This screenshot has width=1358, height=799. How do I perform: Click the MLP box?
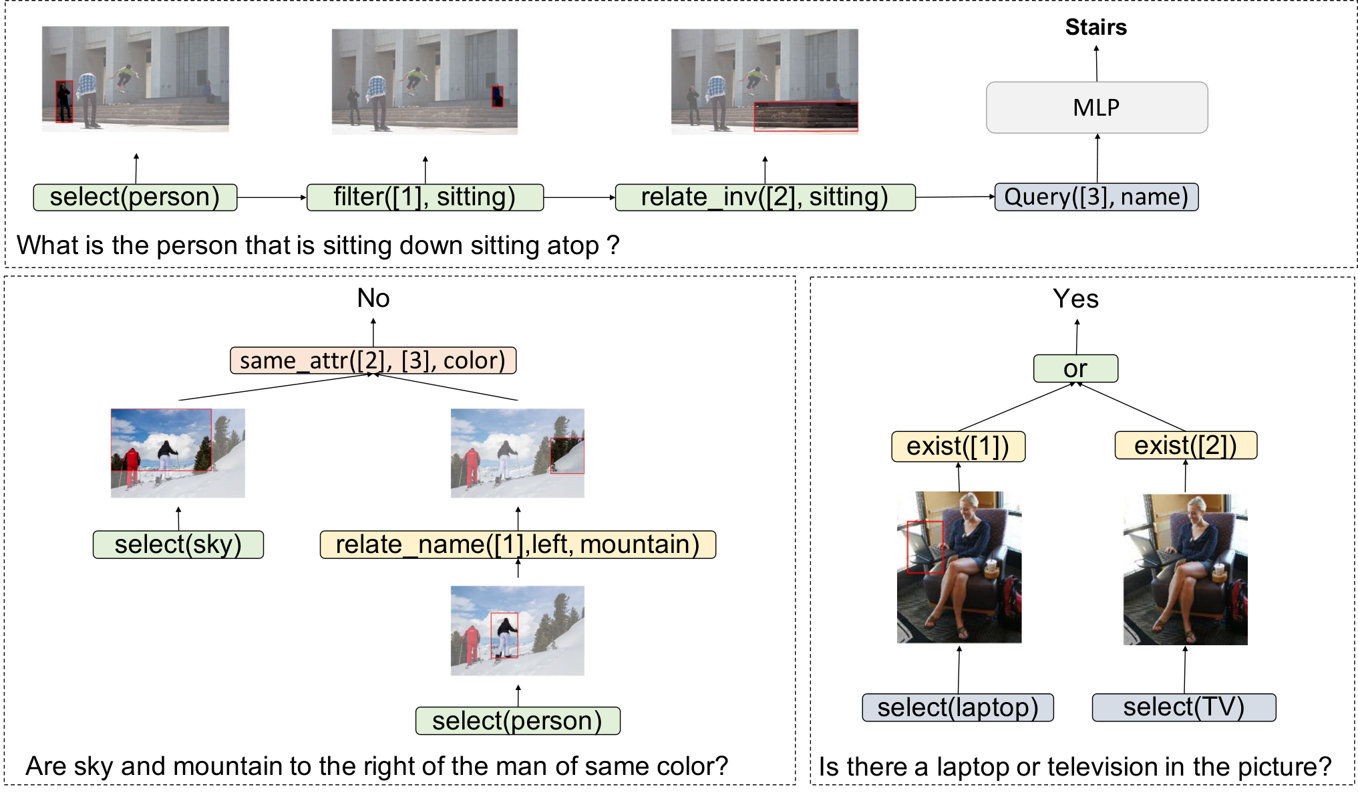(x=1097, y=107)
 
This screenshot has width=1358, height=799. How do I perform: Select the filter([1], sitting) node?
(x=425, y=197)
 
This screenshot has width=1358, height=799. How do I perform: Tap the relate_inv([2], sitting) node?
(x=765, y=197)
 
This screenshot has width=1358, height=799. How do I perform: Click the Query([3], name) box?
(x=1097, y=197)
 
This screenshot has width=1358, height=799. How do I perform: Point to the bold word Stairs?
(x=1096, y=27)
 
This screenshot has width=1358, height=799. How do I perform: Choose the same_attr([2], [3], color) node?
(x=373, y=360)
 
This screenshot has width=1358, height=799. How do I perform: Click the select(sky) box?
(x=178, y=544)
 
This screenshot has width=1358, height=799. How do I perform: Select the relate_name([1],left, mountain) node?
(x=518, y=544)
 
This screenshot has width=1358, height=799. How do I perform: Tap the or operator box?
(x=1075, y=368)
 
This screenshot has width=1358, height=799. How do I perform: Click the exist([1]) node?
(x=959, y=446)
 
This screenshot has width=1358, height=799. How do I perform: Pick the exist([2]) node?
(x=1186, y=445)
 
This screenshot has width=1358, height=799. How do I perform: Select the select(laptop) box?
(x=958, y=707)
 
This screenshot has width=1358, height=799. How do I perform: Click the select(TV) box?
(x=1184, y=707)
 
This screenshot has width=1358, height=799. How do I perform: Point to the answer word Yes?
(x=1076, y=298)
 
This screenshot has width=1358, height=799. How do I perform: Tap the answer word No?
(x=373, y=298)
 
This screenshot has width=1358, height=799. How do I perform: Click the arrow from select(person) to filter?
(x=272, y=197)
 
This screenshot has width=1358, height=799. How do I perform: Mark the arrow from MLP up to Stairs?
(x=1096, y=64)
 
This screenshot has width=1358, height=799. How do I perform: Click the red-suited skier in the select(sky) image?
(x=132, y=465)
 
